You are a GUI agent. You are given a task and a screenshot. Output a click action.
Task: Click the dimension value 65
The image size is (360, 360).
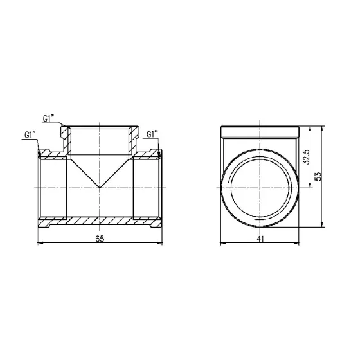click(100, 238)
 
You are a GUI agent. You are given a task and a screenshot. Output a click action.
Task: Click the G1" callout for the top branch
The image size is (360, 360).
click(49, 118)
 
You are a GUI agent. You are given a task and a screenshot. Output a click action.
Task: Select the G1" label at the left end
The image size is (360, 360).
click(28, 136)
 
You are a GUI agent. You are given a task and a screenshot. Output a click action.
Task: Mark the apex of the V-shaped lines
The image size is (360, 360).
click(100, 187)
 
